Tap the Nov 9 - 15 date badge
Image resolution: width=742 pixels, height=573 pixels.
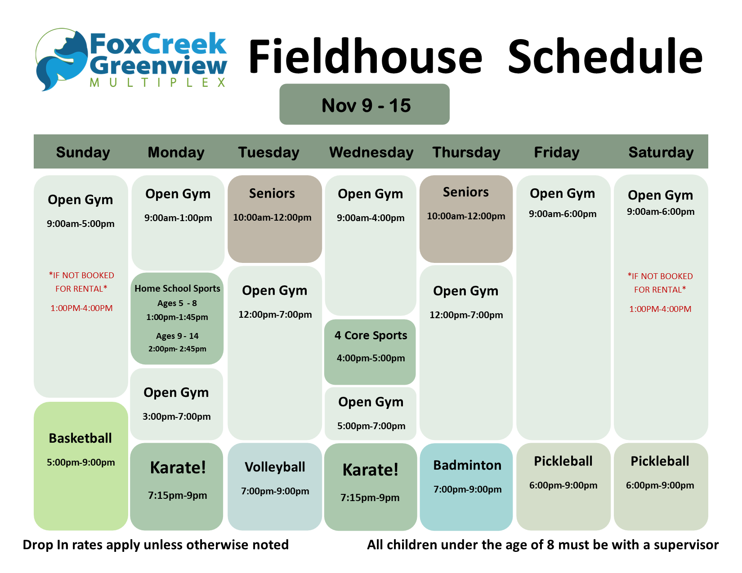click(x=364, y=104)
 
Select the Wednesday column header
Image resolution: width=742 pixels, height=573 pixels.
click(x=371, y=152)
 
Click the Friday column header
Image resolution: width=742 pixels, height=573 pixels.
click(x=557, y=152)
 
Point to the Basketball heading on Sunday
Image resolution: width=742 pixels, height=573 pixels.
click(x=80, y=438)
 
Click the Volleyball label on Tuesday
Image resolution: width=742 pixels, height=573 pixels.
click(x=275, y=467)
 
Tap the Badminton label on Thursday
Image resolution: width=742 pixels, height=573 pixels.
click(x=467, y=465)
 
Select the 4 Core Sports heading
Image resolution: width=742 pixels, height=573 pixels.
click(x=371, y=335)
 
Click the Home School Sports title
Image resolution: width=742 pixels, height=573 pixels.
click(x=177, y=289)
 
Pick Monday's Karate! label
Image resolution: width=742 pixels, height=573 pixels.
click(x=178, y=467)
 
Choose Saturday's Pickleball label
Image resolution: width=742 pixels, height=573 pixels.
click(x=660, y=462)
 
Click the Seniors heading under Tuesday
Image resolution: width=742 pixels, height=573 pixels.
click(x=272, y=194)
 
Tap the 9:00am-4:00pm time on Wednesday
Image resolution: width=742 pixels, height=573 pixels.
click(x=371, y=218)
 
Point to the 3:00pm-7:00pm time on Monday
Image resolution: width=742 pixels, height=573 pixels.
click(x=177, y=417)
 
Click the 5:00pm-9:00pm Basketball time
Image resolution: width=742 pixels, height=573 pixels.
click(x=80, y=462)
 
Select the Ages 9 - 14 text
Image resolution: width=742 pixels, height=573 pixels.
click(x=177, y=336)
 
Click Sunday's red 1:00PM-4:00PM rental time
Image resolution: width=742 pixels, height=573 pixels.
click(x=81, y=308)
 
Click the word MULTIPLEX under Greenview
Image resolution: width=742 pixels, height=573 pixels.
click(x=158, y=83)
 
